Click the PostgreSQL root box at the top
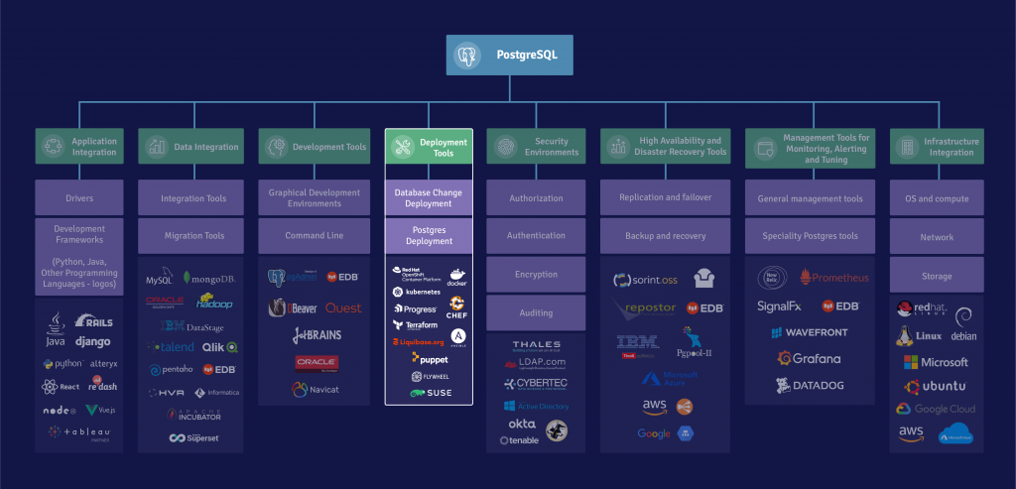click(509, 55)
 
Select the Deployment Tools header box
click(429, 147)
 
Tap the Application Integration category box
click(79, 147)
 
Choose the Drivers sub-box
click(79, 198)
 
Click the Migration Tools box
click(192, 236)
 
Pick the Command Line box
click(314, 236)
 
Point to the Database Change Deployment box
click(429, 197)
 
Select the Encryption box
click(536, 275)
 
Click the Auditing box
click(536, 312)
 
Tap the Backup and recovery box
click(665, 236)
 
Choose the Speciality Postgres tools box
click(810, 236)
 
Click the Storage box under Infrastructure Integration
click(937, 276)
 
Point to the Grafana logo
click(810, 358)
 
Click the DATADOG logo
click(810, 384)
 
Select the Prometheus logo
click(833, 278)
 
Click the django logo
click(92, 342)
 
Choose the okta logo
click(522, 424)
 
